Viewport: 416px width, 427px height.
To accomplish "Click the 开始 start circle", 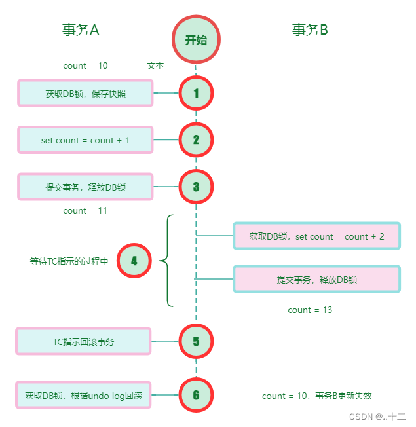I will coord(196,40).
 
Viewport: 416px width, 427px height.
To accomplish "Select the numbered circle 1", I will coord(196,93).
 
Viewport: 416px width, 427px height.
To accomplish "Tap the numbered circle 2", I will coord(196,139).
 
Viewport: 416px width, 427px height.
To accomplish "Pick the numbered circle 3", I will coord(196,187).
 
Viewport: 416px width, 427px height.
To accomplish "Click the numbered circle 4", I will coord(134,261).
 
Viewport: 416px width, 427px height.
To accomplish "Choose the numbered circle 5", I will coord(196,341).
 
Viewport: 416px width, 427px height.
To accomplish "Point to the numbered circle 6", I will coord(196,395).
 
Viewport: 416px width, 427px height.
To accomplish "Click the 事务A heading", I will coord(81,30).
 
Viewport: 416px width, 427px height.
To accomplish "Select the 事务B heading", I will coord(310,30).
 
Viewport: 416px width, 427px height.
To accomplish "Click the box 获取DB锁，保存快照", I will coord(85,94).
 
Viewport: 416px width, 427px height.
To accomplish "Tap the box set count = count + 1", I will coord(85,140).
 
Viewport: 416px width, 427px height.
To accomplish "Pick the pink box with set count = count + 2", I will coord(316,236).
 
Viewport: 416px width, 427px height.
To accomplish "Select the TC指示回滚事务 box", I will coord(84,341).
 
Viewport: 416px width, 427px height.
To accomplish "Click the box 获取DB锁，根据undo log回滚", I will coord(84,396).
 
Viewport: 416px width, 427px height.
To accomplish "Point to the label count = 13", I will coord(310,310).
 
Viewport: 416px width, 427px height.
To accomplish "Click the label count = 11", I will coord(85,211).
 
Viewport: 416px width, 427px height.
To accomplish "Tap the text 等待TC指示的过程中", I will coord(69,261).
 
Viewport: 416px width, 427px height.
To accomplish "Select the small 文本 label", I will coord(155,65).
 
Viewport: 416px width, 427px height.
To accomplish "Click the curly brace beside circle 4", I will coord(165,261).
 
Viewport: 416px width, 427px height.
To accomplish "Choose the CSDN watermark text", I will coord(377,417).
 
